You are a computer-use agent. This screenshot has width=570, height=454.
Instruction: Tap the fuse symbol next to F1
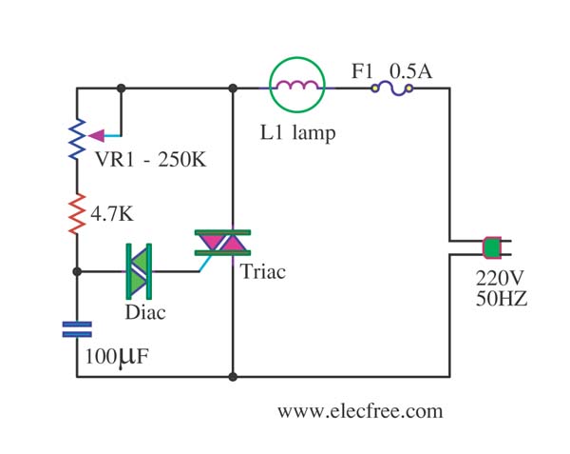point(391,89)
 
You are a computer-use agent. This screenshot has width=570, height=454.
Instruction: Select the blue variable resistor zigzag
point(78,139)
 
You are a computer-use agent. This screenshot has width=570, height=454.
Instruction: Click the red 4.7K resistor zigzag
point(78,214)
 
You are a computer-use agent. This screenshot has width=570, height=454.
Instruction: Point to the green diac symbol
point(139,271)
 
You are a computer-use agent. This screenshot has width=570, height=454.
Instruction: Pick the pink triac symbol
point(222,243)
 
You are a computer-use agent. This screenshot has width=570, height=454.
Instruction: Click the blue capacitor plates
point(77,329)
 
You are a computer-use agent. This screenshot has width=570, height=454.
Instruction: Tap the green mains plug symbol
point(492,247)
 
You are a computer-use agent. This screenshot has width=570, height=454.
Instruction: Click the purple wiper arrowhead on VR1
point(96,136)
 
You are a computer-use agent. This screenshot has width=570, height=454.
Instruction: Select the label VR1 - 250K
point(150,159)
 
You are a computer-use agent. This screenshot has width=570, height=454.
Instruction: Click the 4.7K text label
point(112,214)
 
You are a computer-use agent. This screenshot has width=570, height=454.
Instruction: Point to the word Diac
point(145,312)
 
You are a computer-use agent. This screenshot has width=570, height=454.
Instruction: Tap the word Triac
point(263,271)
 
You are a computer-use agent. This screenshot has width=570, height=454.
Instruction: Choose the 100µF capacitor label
point(117,357)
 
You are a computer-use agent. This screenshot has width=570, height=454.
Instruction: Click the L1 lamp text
point(297,132)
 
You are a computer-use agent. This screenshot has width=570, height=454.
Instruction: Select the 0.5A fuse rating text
point(411,71)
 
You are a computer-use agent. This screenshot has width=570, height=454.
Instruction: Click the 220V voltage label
point(500,279)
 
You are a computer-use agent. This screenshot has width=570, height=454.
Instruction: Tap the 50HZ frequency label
point(502,299)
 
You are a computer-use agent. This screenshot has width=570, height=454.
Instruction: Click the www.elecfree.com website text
point(360,411)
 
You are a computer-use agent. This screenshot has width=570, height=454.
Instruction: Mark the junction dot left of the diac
point(77,271)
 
